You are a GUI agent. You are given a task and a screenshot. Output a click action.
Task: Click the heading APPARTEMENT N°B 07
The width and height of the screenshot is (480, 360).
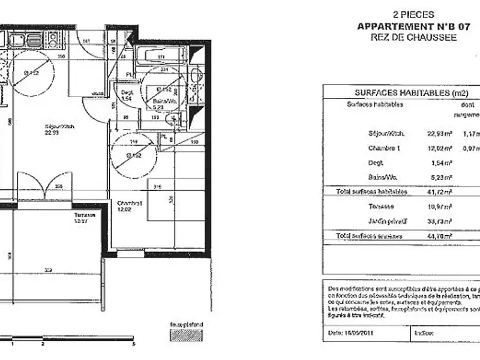(x=413, y=26)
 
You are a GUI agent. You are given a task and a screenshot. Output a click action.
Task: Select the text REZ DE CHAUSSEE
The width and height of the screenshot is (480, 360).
(x=413, y=37)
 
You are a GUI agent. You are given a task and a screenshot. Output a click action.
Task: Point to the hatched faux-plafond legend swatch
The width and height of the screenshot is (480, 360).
(x=186, y=335)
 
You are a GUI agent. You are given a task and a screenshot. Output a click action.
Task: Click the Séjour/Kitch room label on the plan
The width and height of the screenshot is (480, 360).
(x=56, y=130)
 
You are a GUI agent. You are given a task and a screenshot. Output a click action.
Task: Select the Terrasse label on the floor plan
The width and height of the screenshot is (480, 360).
(x=85, y=217)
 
